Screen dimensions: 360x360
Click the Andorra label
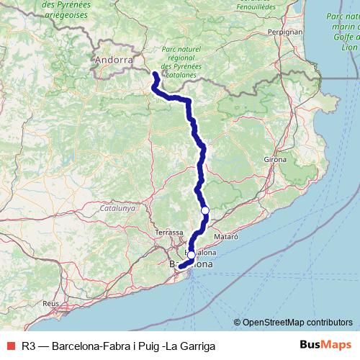[x=114, y=61]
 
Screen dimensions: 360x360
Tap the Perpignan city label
[x=264, y=32]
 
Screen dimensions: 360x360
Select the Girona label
[x=275, y=158]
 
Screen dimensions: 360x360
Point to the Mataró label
[x=227, y=235]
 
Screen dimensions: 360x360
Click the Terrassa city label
[x=170, y=233]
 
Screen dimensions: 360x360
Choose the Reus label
[x=50, y=304]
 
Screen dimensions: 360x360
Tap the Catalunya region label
[x=117, y=208]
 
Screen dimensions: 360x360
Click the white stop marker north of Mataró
[x=205, y=210]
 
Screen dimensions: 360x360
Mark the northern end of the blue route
[x=155, y=73]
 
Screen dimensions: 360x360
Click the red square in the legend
[x=10, y=346]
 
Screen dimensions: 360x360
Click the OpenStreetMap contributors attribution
[x=297, y=323]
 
